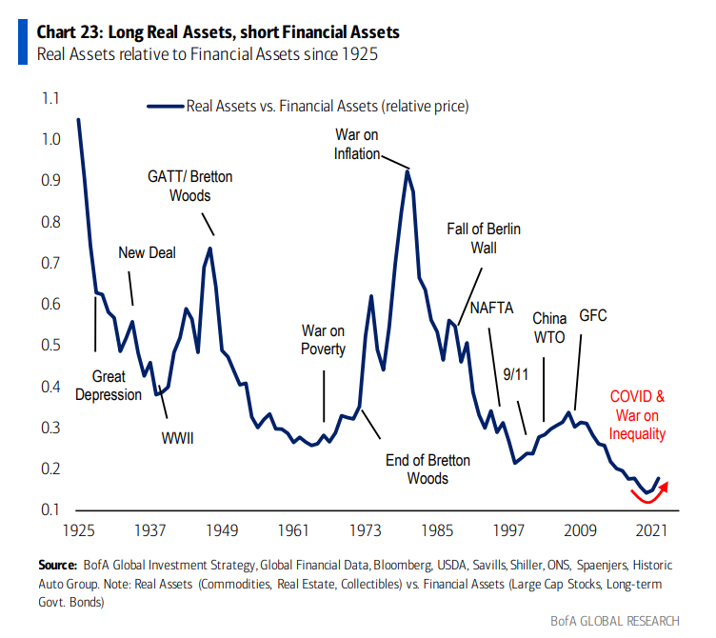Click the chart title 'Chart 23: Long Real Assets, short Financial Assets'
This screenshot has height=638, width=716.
tap(217, 31)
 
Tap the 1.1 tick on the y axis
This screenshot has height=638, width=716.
tap(50, 98)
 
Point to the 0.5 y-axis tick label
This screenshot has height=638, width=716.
tap(50, 345)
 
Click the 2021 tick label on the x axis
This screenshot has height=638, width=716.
tap(652, 528)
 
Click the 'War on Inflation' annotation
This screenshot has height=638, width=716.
tap(357, 144)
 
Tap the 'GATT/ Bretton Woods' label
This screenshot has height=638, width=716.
tap(189, 186)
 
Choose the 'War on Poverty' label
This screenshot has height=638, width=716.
tap(323, 340)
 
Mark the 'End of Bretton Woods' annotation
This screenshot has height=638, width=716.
tap(428, 469)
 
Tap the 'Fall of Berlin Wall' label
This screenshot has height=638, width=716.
tap(484, 238)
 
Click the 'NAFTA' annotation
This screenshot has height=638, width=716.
tap(492, 308)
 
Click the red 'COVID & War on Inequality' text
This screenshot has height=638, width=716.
tap(638, 415)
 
